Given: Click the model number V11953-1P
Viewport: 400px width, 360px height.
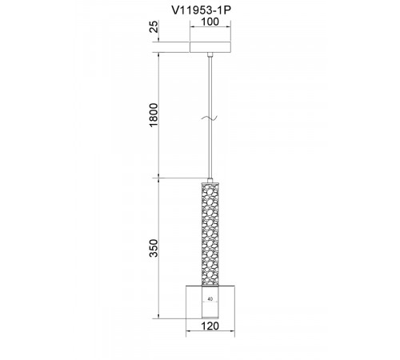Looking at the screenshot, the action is tap(201, 10).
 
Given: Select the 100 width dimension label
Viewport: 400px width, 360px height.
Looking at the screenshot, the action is tap(210, 22).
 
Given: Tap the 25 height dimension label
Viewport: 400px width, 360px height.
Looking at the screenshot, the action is tap(154, 26).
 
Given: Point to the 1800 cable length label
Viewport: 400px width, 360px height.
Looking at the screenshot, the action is tap(154, 115).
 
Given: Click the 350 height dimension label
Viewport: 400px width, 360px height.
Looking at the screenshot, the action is tap(154, 248).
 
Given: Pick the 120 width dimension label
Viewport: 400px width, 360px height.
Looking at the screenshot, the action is tap(210, 326).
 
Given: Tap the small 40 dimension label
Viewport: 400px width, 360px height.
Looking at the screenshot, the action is tap(210, 299).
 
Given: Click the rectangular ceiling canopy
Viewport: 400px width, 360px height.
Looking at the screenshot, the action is tap(210, 47).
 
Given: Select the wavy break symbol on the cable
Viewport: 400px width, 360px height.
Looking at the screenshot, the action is tap(210, 118).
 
